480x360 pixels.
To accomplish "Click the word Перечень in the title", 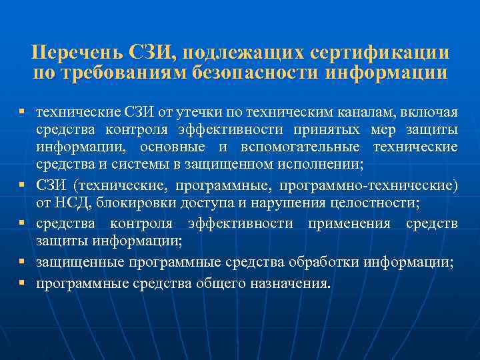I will (73, 53).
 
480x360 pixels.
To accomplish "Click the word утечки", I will (191, 109).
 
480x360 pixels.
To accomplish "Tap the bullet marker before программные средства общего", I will (22, 283).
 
